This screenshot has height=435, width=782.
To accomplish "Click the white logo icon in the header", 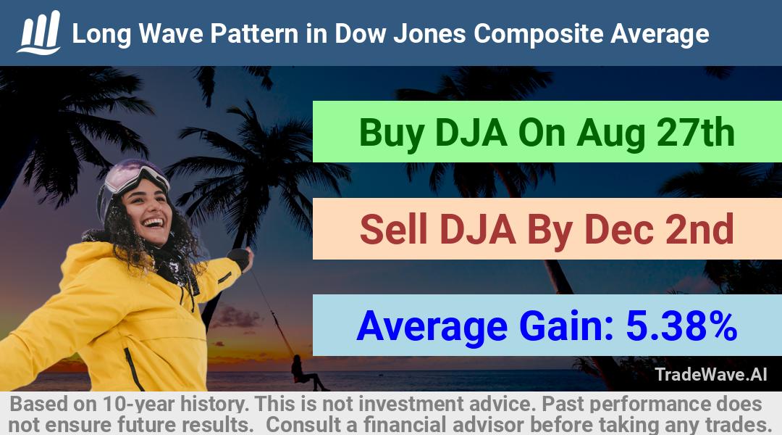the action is (x=39, y=33).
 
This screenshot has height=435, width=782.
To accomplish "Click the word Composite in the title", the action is (x=538, y=34).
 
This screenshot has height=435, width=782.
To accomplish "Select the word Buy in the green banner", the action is (x=392, y=133).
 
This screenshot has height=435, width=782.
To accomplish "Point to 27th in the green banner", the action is (x=696, y=133).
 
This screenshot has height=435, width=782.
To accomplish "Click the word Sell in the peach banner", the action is (x=393, y=229).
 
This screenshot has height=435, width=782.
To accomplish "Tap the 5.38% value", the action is (x=681, y=326).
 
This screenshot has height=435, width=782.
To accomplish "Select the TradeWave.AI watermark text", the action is (x=711, y=375).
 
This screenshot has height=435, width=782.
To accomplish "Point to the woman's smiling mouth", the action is (x=153, y=223).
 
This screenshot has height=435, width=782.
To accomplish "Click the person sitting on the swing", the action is (x=304, y=372).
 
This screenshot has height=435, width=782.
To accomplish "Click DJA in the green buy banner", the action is (x=471, y=133).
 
